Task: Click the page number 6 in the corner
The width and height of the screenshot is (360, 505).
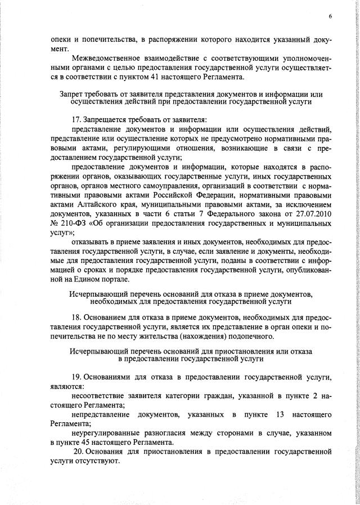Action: (330, 17)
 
